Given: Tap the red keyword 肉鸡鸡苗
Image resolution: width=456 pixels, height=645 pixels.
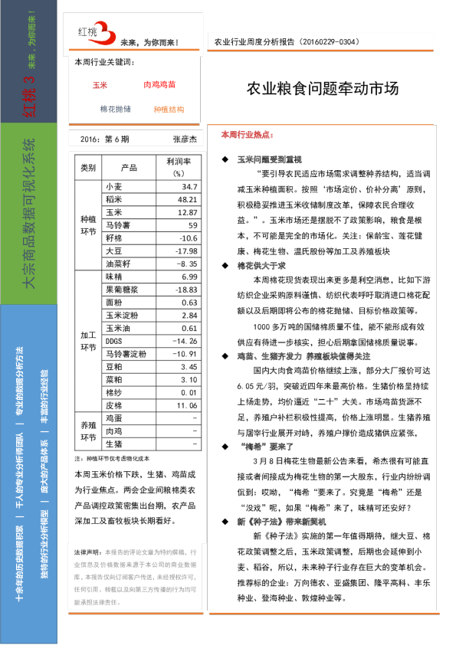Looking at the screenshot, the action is pyautogui.click(x=159, y=85).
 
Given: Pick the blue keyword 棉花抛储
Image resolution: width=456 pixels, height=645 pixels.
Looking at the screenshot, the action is pyautogui.click(x=115, y=109).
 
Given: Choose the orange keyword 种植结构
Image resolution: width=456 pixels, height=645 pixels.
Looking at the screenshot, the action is pyautogui.click(x=169, y=110).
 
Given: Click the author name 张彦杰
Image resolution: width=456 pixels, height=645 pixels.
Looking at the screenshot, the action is pyautogui.click(x=185, y=139).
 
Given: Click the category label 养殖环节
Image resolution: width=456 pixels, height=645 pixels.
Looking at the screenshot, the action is pyautogui.click(x=88, y=431).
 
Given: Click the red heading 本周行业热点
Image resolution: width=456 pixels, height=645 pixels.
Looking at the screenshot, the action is pyautogui.click(x=246, y=134).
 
